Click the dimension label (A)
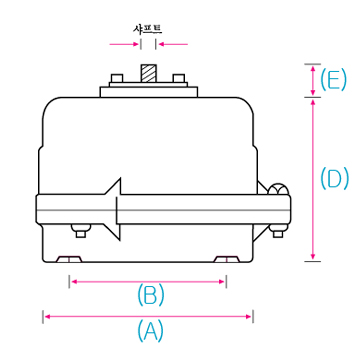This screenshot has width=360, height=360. coord(150,331)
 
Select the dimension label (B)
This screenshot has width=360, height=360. coord(151,295)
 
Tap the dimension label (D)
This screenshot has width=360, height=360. coord(335,178)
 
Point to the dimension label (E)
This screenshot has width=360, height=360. coord(333,80)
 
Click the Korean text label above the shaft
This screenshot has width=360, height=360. coord(147,30)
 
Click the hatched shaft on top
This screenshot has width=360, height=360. coord(148,74)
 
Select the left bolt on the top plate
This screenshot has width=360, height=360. coord(117,78)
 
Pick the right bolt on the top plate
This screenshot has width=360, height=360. coord(179,78)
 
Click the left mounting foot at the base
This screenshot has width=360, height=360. coord(69,259)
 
